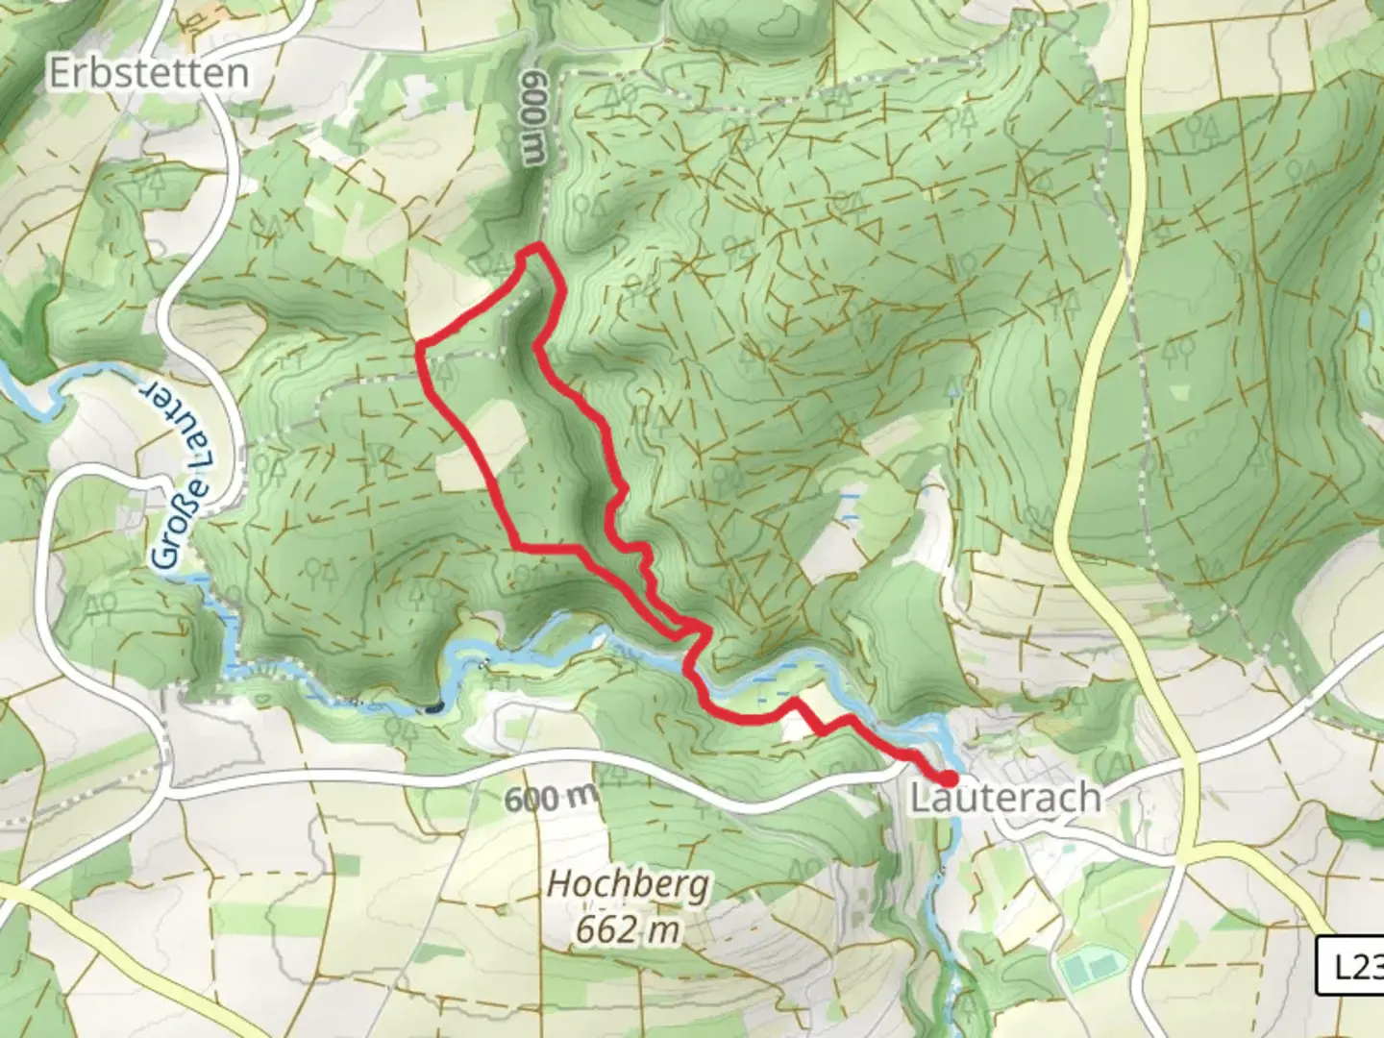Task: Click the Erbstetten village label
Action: click(148, 73)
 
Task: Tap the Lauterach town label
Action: click(1004, 798)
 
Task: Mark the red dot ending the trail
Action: click(949, 778)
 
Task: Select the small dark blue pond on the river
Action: click(433, 708)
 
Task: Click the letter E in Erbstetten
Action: click(60, 73)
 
